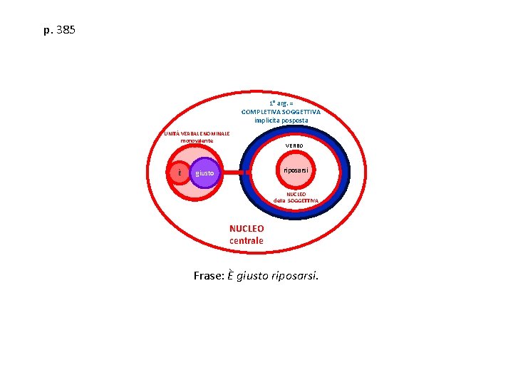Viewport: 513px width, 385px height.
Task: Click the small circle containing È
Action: tap(180, 173)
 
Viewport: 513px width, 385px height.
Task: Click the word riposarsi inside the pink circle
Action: tap(295, 171)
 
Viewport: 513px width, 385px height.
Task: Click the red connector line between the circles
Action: tap(237, 173)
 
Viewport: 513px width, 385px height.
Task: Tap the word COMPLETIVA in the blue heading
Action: tap(261, 112)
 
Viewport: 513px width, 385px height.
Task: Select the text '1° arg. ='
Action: tap(281, 103)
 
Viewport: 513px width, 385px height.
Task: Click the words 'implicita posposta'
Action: tap(281, 120)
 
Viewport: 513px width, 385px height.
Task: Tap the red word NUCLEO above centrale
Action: tap(247, 229)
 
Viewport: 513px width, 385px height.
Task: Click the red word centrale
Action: tap(247, 241)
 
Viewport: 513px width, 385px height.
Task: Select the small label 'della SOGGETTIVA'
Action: tap(296, 201)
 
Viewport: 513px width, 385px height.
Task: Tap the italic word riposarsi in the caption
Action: tap(295, 276)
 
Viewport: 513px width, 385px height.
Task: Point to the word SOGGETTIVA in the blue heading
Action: tap(301, 112)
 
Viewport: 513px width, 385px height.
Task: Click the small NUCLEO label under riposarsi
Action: tap(296, 194)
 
